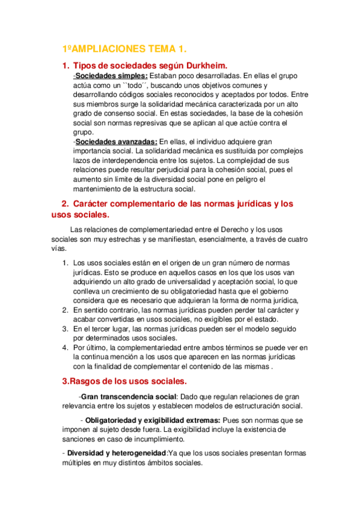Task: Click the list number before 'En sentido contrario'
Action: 66,310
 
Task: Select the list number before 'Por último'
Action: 66,348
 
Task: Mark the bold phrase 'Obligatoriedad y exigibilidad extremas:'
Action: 153,420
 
